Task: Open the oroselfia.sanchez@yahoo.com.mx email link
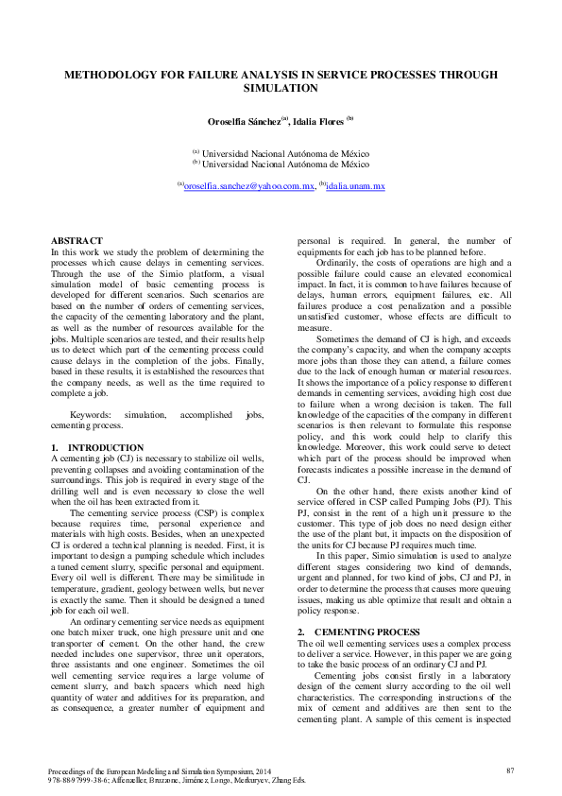pyautogui.click(x=248, y=187)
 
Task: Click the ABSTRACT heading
pyautogui.click(x=77, y=241)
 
